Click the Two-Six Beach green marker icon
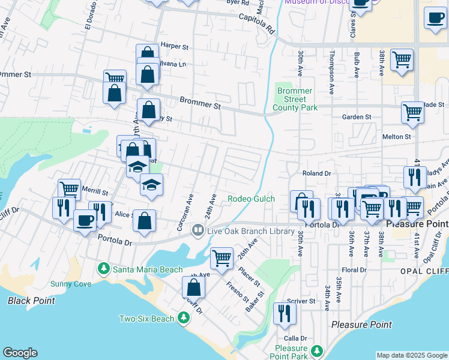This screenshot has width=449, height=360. click(x=182, y=318)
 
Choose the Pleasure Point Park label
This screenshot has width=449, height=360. click(x=291, y=352)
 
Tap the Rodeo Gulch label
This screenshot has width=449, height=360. click(x=251, y=199)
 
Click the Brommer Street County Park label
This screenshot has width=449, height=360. click(x=294, y=99)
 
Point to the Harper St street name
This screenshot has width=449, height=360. click(x=175, y=46)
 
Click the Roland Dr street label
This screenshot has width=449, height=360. click(x=317, y=173)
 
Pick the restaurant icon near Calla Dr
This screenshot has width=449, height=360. click(x=285, y=313)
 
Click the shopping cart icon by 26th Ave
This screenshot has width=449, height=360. click(x=221, y=257)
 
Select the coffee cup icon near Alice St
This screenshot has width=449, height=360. click(x=85, y=220)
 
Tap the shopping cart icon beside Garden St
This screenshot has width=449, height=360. click(x=412, y=112)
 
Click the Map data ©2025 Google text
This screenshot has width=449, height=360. click(x=412, y=355)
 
